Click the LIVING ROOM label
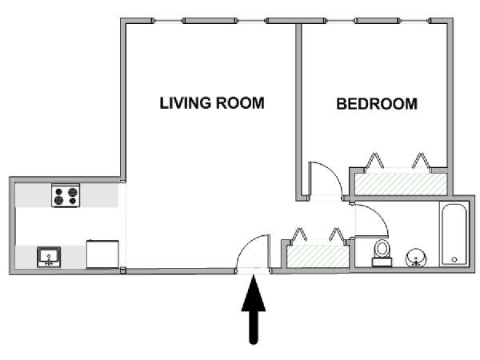[212, 103]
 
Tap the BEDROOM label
[377, 104]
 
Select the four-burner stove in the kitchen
[66, 195]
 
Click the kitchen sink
[49, 257]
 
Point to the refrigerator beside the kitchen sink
[102, 254]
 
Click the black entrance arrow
[254, 309]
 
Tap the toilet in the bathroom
[382, 253]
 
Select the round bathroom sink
[416, 258]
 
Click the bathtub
[454, 234]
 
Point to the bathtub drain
[454, 259]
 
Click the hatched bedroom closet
[401, 184]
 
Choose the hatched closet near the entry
[318, 256]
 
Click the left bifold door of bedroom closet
[374, 161]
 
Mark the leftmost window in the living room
[168, 21]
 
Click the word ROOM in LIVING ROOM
[240, 103]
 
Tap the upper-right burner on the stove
[73, 192]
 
